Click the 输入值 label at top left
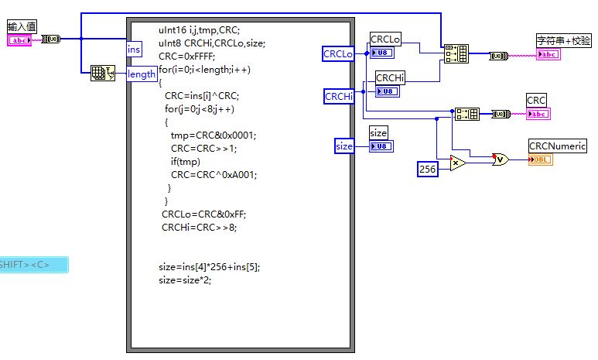pyautogui.click(x=21, y=26)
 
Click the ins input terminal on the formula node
pyautogui.click(x=135, y=49)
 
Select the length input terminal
pyautogui.click(x=142, y=74)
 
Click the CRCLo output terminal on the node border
pyautogui.click(x=338, y=53)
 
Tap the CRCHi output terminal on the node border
pyautogui.click(x=339, y=96)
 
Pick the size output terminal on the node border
pyautogui.click(x=343, y=146)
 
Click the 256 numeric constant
pyautogui.click(x=428, y=168)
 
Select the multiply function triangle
pyautogui.click(x=457, y=163)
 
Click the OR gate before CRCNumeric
pyautogui.click(x=501, y=159)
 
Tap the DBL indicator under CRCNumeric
pyautogui.click(x=541, y=159)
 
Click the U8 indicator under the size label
pyautogui.click(x=381, y=146)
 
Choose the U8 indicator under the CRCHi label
pyautogui.click(x=388, y=91)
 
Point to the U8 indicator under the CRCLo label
pyautogui.click(x=382, y=53)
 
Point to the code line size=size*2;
pyautogui.click(x=184, y=280)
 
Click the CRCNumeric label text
pyautogui.click(x=557, y=146)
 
